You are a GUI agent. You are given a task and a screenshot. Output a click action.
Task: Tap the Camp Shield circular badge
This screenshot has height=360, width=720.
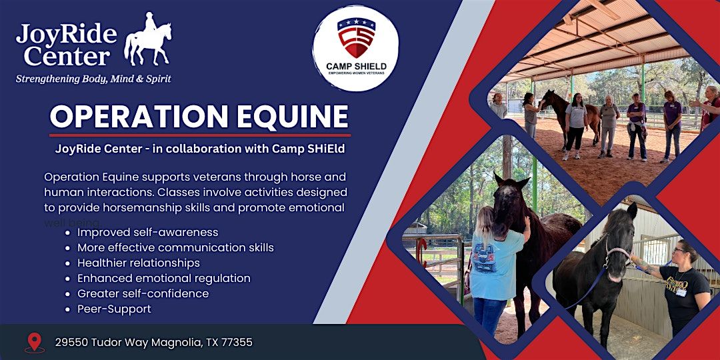[x=356, y=48]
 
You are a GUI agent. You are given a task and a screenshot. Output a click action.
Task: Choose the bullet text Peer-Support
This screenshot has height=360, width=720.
[x=114, y=309]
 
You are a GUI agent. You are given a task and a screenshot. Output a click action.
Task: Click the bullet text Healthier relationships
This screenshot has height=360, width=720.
[x=139, y=263]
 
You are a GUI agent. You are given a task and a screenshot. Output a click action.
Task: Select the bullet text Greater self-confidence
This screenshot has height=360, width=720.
[x=143, y=294]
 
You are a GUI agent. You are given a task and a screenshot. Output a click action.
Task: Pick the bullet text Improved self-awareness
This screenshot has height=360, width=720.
[x=147, y=233]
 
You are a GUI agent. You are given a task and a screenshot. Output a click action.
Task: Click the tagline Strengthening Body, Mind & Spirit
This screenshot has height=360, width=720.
[x=93, y=79]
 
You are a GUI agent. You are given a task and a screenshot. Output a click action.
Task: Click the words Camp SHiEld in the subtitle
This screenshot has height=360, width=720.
[x=309, y=149]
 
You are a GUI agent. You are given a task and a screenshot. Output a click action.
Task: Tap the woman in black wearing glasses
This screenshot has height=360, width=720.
[x=683, y=287]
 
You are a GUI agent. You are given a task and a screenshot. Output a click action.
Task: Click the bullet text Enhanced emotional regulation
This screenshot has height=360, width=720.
[x=163, y=279]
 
